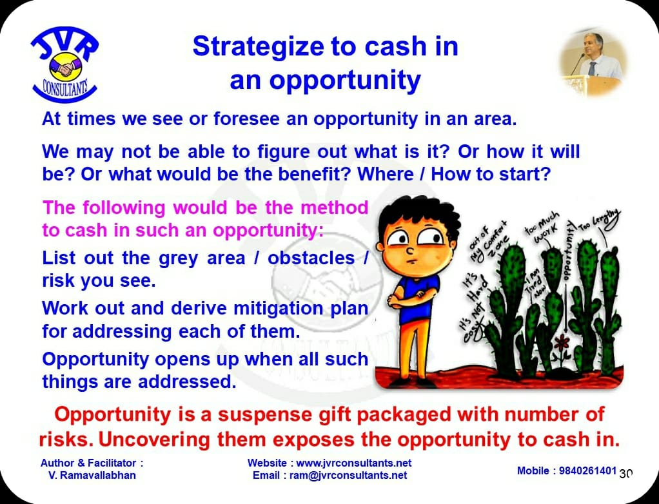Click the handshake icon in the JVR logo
(66, 67)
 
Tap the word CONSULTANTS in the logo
(64, 89)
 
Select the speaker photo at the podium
(593, 63)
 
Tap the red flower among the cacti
(562, 343)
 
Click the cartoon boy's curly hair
(418, 216)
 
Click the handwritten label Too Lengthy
(600, 220)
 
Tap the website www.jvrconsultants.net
(354, 463)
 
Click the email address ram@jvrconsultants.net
(348, 476)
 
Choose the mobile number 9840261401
(587, 470)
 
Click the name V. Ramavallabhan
(92, 476)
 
